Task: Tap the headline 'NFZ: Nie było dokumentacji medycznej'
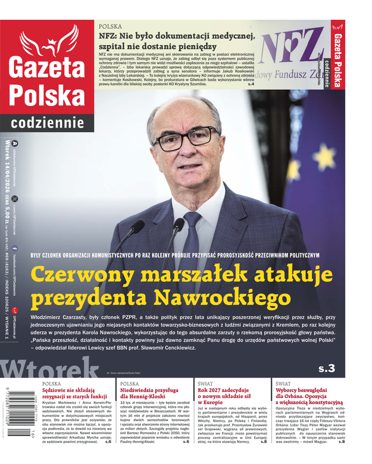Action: pos(177,37)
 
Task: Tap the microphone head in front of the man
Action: pos(138,226)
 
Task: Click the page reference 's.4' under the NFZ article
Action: pos(251,85)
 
